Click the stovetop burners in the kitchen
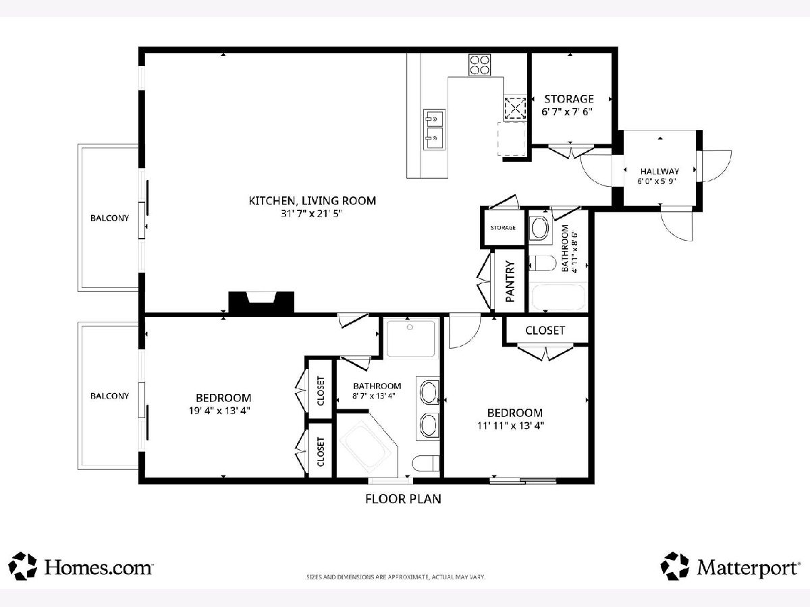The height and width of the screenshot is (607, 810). [x=480, y=65]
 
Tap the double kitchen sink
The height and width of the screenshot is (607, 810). [x=434, y=129]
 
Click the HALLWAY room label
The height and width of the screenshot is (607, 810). [x=659, y=171]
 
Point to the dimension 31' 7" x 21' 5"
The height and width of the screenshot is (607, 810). [x=312, y=214]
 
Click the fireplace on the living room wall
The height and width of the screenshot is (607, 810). [x=261, y=303]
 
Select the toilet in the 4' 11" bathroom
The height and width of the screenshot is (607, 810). [x=543, y=263]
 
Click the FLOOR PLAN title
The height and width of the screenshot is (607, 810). [x=403, y=498]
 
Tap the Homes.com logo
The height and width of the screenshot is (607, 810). [x=80, y=566]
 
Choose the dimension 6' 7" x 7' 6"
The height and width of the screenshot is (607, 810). [x=567, y=112]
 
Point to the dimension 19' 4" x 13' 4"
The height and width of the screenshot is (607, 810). [x=219, y=411]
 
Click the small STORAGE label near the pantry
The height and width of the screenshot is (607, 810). [x=503, y=228]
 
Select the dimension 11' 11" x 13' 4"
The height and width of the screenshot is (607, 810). [x=511, y=426]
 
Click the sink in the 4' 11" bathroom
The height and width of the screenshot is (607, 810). [x=540, y=228]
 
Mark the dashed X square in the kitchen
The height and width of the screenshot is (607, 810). [x=515, y=108]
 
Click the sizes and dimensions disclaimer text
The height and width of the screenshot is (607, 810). [x=396, y=577]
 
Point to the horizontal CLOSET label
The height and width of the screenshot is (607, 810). [x=545, y=330]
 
